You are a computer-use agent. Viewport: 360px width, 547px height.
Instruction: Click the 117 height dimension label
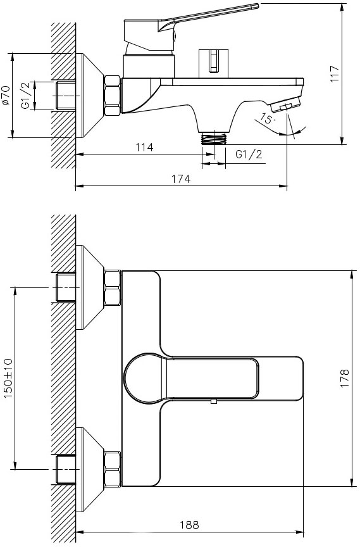[x=334, y=73]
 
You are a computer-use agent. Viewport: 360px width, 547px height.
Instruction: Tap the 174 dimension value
[x=181, y=179]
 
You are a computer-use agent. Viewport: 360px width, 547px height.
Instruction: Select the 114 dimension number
[x=144, y=148]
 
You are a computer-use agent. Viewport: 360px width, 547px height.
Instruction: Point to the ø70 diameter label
[x=6, y=95]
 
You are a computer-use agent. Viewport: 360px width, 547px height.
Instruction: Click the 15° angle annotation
[x=267, y=118]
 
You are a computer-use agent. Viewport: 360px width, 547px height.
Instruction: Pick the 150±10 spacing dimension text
[x=8, y=378]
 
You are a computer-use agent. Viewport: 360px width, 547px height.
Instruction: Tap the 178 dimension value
[x=344, y=378]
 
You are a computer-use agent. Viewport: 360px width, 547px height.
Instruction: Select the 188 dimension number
[x=189, y=524]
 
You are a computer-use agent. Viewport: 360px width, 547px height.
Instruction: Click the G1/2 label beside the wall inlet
[x=26, y=95]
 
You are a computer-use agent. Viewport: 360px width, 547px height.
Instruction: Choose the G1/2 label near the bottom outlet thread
[x=249, y=154]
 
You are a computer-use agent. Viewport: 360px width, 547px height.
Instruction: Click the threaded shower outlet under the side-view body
[x=214, y=137]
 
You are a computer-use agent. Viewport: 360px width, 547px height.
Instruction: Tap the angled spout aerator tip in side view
[x=286, y=104]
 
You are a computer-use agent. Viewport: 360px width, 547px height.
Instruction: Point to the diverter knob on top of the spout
[x=214, y=63]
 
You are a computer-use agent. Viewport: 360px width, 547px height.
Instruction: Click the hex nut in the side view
[x=112, y=95]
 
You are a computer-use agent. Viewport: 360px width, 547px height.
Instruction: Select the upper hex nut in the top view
[x=112, y=287]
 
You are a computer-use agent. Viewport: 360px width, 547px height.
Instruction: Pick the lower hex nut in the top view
[x=112, y=469]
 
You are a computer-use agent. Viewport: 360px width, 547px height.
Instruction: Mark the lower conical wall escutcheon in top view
[x=90, y=469]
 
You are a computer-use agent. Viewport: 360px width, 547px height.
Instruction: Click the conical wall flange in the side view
[x=90, y=96]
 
